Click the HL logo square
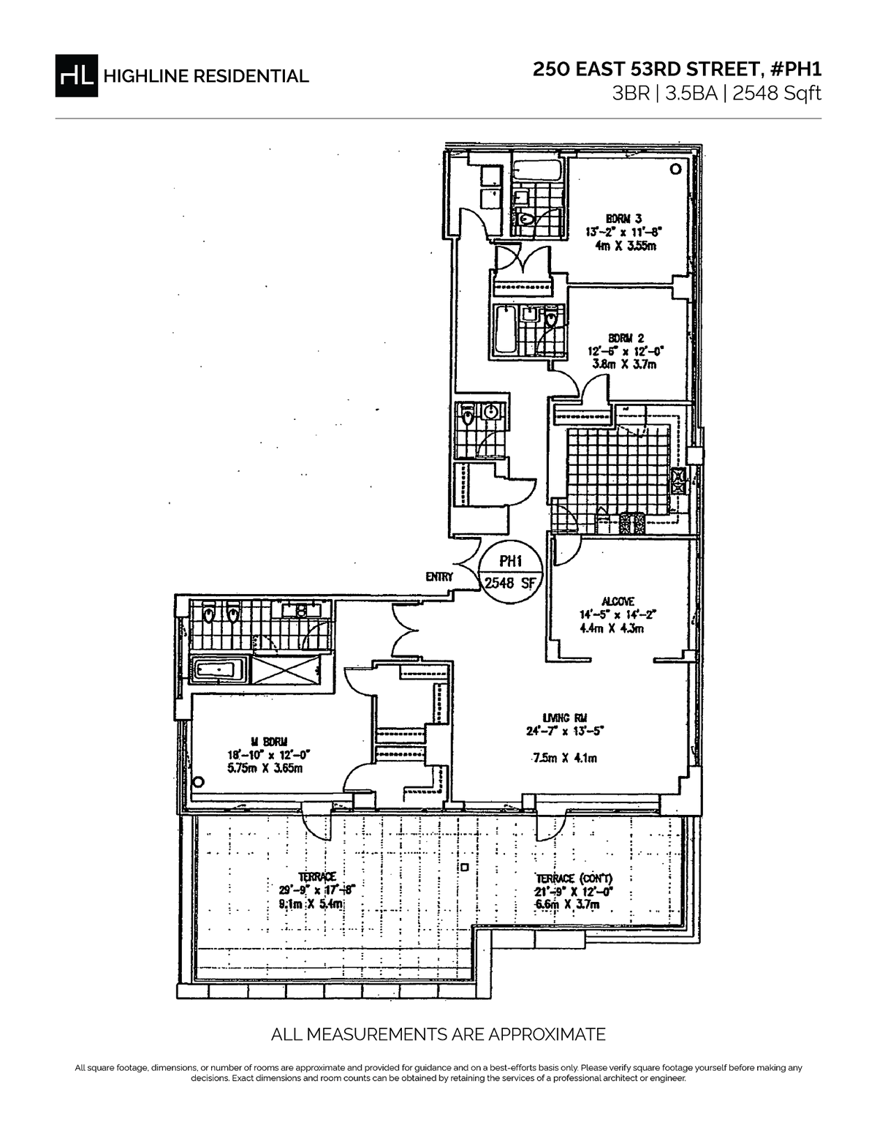coord(77,75)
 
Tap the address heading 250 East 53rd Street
coord(677,70)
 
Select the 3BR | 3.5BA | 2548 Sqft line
coord(718,94)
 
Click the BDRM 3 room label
coord(623,218)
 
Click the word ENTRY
coord(440,576)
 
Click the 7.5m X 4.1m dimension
coord(564,758)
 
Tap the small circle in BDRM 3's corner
coord(675,170)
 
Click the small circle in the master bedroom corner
coord(198,782)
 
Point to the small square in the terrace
coord(465,868)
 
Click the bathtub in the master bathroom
coord(218,669)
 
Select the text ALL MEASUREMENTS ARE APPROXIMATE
coord(438,1034)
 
